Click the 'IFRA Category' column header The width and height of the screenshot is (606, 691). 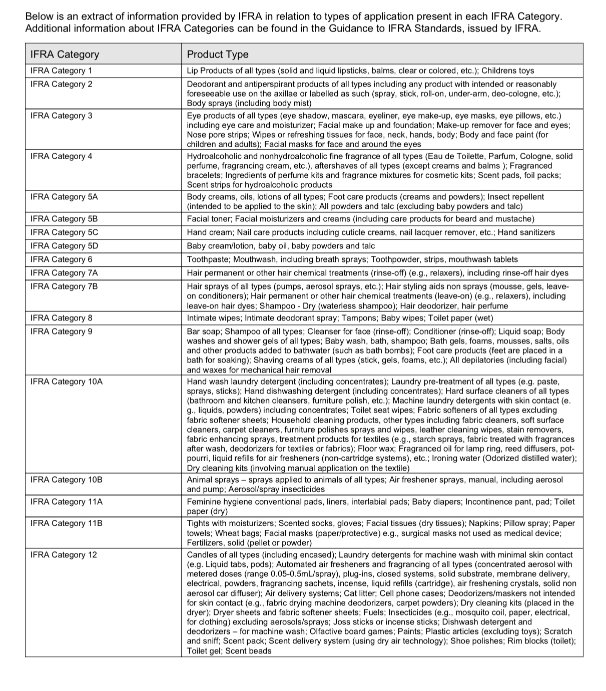[65, 54]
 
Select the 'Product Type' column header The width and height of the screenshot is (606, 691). [218, 54]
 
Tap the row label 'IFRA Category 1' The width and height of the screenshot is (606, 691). [61, 71]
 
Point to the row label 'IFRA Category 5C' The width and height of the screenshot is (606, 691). [64, 232]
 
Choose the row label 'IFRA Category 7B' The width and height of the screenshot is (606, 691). [64, 286]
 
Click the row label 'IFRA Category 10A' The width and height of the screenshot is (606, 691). [66, 382]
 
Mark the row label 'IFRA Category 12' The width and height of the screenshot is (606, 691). [64, 555]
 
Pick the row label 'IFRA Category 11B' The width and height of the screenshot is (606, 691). [66, 523]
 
